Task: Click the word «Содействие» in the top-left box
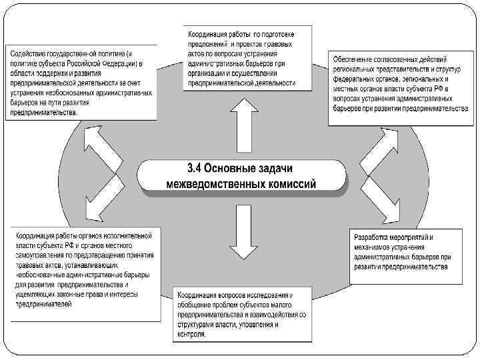(27, 53)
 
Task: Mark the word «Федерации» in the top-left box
(117, 63)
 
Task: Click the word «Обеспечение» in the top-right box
(355, 59)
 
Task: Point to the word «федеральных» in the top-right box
(357, 78)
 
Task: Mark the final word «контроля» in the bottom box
(192, 335)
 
